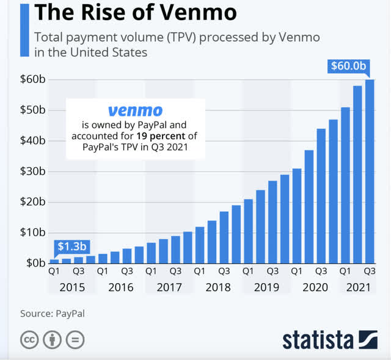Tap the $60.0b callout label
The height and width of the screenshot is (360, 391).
(349, 65)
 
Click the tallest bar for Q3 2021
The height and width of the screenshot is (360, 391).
(370, 171)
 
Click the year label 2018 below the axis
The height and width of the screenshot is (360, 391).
(219, 287)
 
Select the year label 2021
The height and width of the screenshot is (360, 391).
(357, 287)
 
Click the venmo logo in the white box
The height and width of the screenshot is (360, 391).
(135, 110)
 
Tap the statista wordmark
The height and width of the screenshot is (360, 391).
(317, 339)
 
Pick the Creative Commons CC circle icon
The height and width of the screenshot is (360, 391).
(29, 339)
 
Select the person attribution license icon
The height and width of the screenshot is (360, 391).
(53, 339)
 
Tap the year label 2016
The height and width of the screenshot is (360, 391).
(121, 287)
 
